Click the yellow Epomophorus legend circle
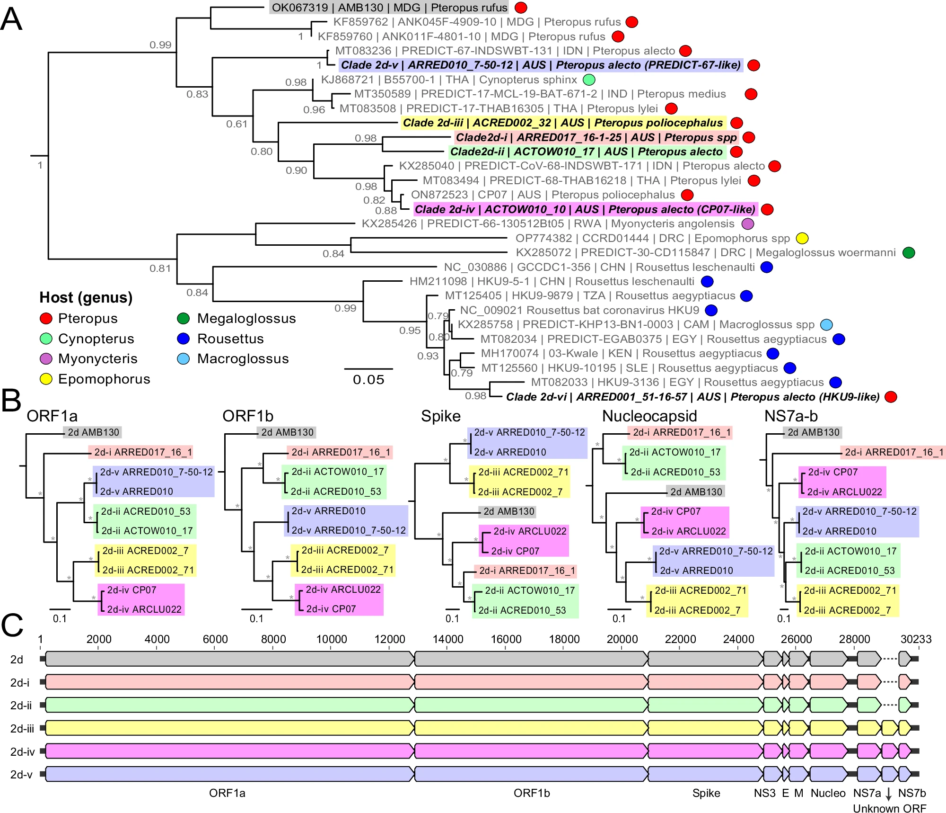(x=46, y=379)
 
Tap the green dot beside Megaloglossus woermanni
(x=909, y=253)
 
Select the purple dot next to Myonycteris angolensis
(x=748, y=224)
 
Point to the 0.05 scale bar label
(x=368, y=380)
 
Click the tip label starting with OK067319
(x=389, y=8)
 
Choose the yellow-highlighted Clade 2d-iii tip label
(x=563, y=123)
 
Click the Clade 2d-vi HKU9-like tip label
(x=692, y=397)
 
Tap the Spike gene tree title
(x=440, y=416)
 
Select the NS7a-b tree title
(x=791, y=416)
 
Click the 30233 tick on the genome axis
(x=916, y=639)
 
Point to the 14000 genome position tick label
(x=447, y=639)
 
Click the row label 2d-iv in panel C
(x=22, y=751)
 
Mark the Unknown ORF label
(x=889, y=808)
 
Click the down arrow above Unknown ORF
(x=889, y=794)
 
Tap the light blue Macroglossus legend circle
(x=183, y=359)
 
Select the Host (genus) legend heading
(x=86, y=297)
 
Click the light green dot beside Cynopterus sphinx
(x=589, y=80)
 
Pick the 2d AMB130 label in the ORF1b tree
(x=287, y=432)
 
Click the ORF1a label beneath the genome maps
(x=227, y=793)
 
